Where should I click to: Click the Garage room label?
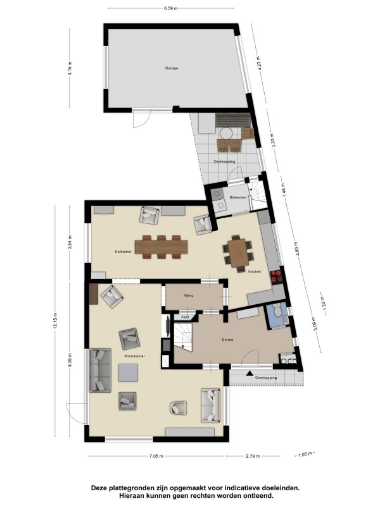171,68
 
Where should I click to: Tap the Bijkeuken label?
238,197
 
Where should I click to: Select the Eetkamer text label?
123,251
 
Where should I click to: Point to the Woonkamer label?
134,356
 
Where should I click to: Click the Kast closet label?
185,318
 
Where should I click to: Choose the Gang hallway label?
189,295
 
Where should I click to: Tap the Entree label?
227,340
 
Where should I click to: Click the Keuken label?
255,271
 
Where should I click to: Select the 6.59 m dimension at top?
170,8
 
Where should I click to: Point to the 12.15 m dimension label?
56,321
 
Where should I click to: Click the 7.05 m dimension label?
156,456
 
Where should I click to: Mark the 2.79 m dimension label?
253,456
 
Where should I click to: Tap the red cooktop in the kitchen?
277,277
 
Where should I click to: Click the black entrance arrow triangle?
249,373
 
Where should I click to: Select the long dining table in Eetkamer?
161,247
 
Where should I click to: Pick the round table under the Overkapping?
226,133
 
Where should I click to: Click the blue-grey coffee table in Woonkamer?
128,373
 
